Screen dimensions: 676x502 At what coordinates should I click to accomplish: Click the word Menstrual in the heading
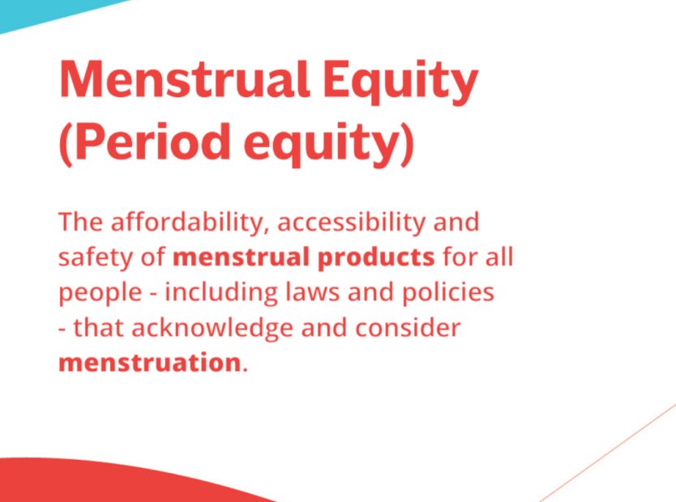(185, 79)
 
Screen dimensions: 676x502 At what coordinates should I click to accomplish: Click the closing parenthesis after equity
(407, 145)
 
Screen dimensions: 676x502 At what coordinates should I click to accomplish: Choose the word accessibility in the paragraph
(351, 223)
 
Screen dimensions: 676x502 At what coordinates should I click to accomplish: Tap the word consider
(408, 328)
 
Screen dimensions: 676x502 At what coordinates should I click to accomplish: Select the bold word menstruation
(149, 363)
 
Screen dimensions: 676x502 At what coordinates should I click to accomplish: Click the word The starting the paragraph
(80, 222)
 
